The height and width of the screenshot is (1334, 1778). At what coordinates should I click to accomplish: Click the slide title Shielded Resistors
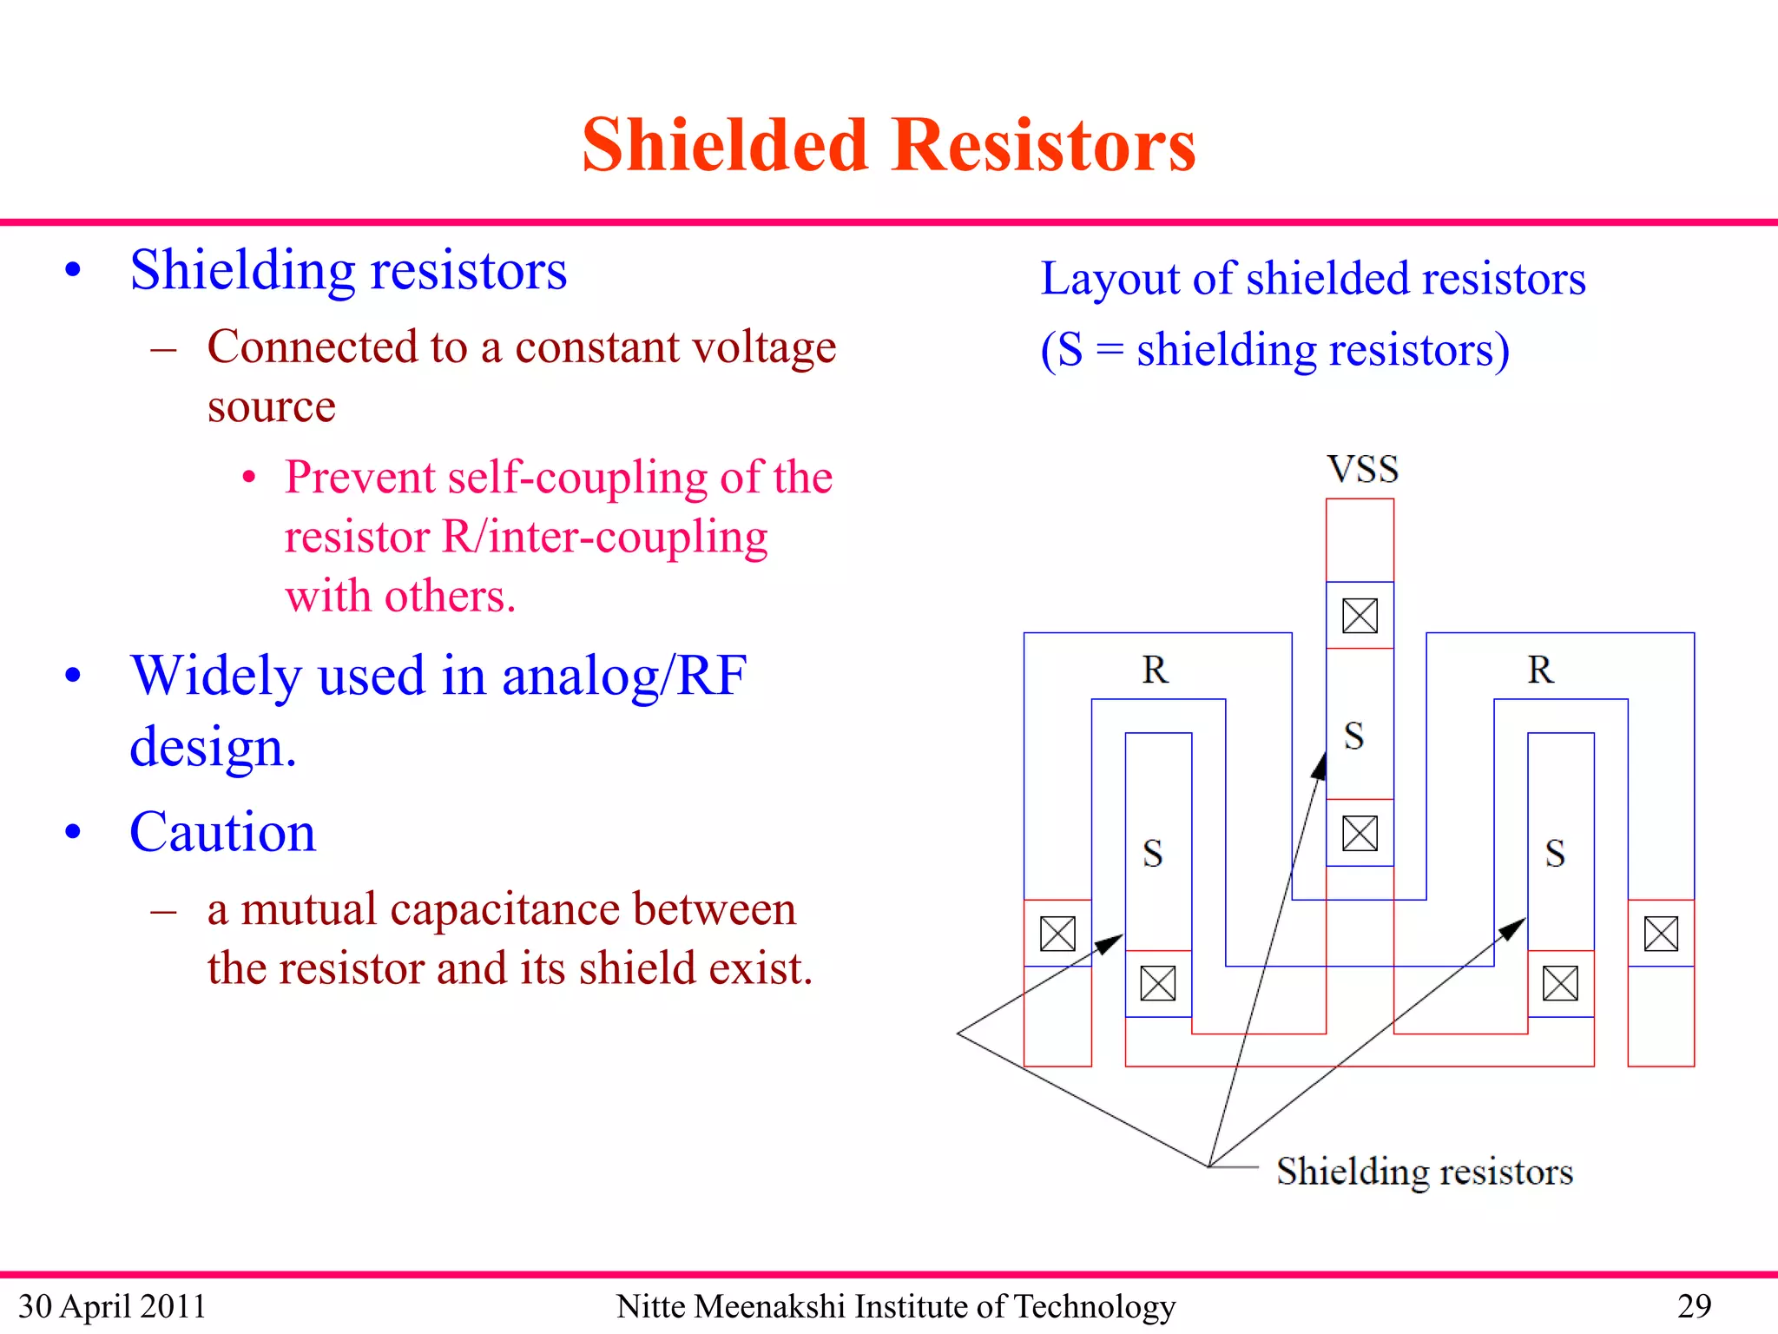click(x=888, y=145)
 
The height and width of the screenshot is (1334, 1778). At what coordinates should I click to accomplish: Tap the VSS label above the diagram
click(x=1362, y=470)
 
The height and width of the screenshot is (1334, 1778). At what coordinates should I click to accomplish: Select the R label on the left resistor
click(x=1155, y=670)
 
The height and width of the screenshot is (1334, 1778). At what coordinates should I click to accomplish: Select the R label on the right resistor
click(x=1540, y=670)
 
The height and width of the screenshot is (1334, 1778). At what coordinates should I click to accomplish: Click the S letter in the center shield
click(x=1353, y=736)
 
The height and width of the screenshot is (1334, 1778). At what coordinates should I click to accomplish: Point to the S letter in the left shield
click(x=1152, y=854)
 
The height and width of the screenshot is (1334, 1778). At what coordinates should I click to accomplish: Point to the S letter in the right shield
click(x=1555, y=854)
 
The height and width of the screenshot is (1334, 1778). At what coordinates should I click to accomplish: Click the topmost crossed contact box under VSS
click(x=1360, y=616)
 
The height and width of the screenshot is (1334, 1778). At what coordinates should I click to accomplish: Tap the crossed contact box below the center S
click(x=1360, y=834)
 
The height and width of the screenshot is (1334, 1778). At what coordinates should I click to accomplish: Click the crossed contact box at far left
click(x=1057, y=934)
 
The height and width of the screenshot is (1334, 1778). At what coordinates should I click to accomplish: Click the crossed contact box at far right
click(x=1661, y=934)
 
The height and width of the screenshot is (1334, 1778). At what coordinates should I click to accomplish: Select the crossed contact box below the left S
click(x=1157, y=983)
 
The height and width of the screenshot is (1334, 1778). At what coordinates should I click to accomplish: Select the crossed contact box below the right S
click(x=1560, y=983)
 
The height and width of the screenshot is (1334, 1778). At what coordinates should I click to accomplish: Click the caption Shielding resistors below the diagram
click(x=1424, y=1172)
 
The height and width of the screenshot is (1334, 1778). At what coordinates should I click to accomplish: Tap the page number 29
click(x=1694, y=1306)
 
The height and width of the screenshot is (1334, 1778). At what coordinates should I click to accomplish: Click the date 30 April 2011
click(x=112, y=1306)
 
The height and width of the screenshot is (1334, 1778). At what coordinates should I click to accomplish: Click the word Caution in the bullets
click(x=223, y=832)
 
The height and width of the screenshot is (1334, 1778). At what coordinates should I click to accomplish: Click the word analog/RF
click(x=624, y=676)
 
